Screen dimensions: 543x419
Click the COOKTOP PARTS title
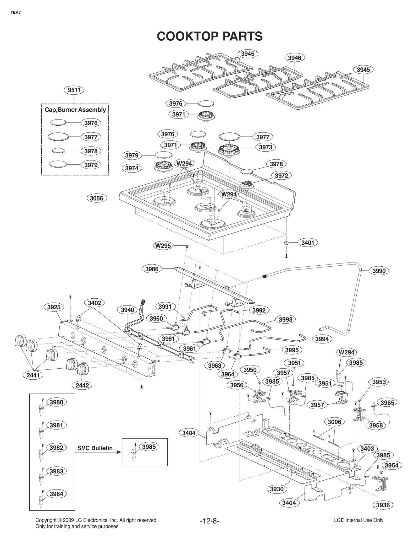[210, 36]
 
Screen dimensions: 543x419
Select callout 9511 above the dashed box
[74, 90]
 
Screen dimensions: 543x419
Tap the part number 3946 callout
[294, 58]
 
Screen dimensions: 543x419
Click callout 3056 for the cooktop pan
[96, 198]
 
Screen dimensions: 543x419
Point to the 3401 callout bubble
[307, 243]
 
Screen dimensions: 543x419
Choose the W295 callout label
[163, 246]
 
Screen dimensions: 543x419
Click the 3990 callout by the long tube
[379, 271]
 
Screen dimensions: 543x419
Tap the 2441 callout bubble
[33, 375]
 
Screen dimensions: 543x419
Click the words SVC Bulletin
[95, 448]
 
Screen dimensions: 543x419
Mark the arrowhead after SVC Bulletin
[119, 452]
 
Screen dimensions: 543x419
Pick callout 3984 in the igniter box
[56, 494]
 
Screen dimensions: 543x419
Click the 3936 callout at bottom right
[383, 505]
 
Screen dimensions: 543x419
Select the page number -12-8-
[209, 521]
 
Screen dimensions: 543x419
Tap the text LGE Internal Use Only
[359, 520]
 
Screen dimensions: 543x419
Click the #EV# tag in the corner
[15, 12]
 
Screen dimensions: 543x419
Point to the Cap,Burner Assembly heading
[75, 110]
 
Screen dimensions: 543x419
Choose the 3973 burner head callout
[265, 147]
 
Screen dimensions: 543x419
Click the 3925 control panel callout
[54, 307]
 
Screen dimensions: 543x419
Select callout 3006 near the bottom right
[334, 422]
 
